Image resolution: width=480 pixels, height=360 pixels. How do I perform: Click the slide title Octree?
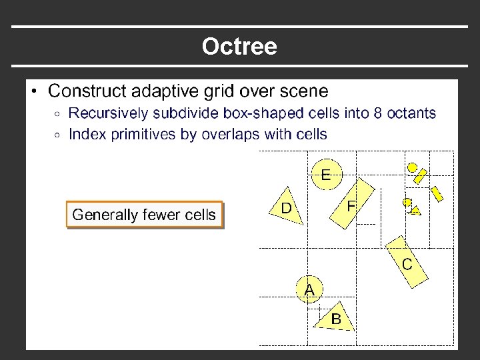point(239,47)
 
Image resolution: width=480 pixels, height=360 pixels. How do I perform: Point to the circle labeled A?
point(309,289)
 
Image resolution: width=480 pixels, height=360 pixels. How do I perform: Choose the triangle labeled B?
point(337,318)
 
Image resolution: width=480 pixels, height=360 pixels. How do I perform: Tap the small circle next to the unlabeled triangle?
point(407,202)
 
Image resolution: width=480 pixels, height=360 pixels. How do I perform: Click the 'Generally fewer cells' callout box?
point(144,215)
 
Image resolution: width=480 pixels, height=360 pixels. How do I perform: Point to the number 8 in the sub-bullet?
point(378,113)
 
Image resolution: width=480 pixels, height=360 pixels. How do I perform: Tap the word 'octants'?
point(411,113)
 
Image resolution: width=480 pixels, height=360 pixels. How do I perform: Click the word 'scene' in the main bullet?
point(305,90)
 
